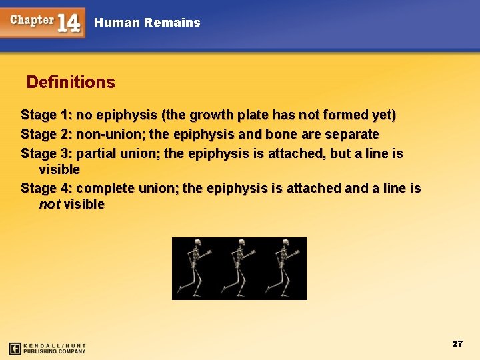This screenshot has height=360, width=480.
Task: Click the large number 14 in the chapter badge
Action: tap(68, 22)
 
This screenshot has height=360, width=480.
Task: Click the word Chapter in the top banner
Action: tap(31, 19)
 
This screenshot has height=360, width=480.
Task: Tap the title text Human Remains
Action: tap(147, 23)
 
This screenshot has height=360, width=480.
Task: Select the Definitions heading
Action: tap(71, 83)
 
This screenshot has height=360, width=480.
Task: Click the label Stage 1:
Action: tap(46, 115)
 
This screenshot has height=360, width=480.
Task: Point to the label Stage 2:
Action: tap(46, 135)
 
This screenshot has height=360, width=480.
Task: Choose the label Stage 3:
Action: tap(46, 154)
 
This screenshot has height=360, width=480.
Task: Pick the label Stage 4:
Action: tap(46, 189)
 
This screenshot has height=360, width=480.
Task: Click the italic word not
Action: tap(49, 205)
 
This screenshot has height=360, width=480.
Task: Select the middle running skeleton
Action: tap(237, 267)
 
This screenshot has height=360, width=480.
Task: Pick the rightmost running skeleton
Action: tap(282, 267)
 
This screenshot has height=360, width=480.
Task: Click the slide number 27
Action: tap(457, 343)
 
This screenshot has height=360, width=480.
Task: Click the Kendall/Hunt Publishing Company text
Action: tap(55, 348)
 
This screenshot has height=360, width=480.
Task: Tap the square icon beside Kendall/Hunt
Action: tap(15, 348)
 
